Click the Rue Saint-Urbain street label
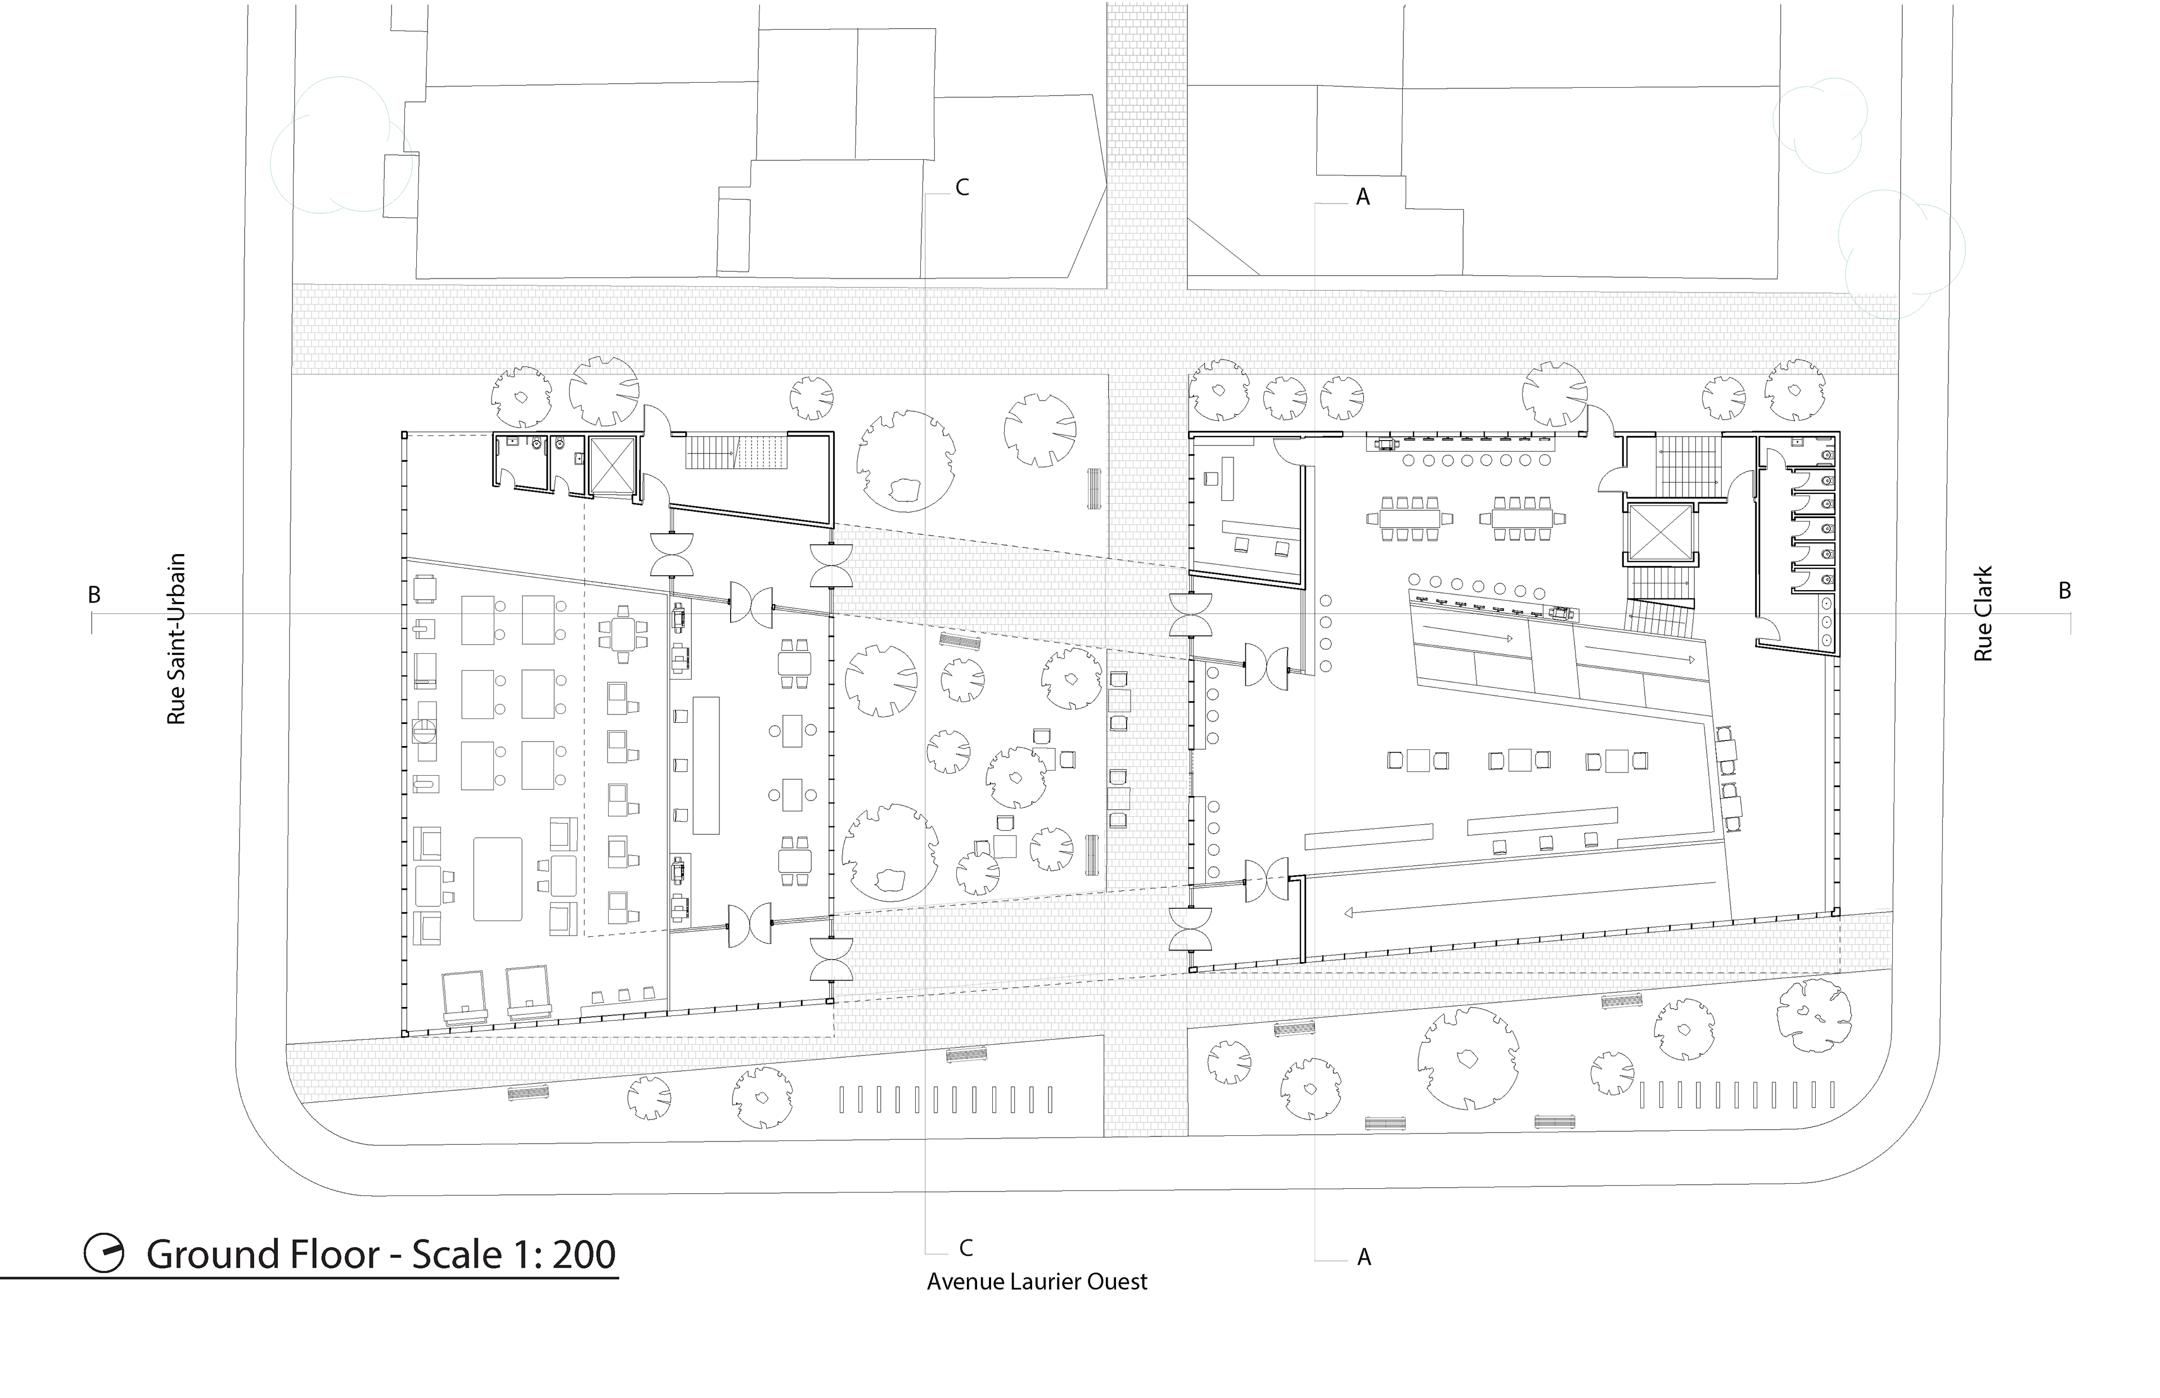[176, 639]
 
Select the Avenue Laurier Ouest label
[1037, 1282]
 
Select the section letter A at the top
[1362, 197]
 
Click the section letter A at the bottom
[1363, 1257]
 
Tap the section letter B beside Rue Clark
[2065, 591]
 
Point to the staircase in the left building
[738, 451]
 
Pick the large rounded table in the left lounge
[497, 879]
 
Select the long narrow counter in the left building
[706, 765]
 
